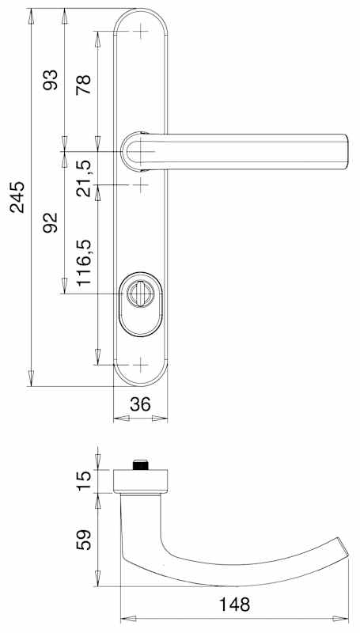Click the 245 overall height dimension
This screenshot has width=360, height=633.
click(17, 197)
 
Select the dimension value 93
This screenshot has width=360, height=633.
click(51, 80)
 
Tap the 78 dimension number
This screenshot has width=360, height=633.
click(84, 85)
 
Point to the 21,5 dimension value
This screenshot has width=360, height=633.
click(84, 177)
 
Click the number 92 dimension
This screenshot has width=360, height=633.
click(51, 222)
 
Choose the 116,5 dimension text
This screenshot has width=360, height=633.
click(85, 263)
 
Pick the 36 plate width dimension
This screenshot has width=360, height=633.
click(141, 404)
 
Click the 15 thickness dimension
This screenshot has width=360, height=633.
click(85, 481)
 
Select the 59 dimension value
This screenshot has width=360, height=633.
click(85, 540)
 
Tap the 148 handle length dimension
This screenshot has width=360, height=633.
click(234, 605)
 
